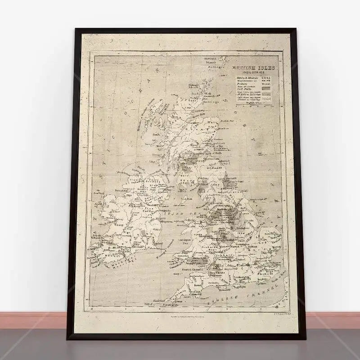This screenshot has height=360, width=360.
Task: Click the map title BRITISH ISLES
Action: point(253,68)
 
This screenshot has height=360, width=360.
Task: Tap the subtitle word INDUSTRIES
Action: point(253,72)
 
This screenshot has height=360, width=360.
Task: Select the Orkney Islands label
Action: point(193,87)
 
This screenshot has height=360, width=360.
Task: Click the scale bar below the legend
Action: point(255,105)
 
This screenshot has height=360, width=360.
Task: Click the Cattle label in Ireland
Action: point(148,210)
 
